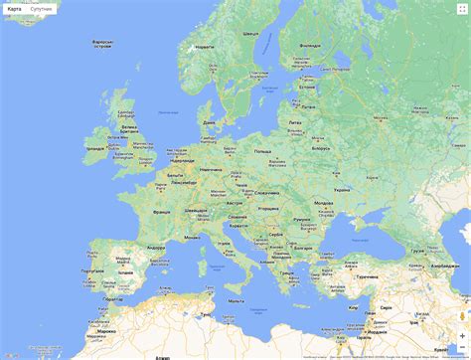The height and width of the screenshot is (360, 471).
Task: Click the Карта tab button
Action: tap(14, 9)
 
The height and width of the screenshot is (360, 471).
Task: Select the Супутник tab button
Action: tap(42, 9)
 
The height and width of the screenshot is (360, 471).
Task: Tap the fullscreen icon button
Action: tap(460, 9)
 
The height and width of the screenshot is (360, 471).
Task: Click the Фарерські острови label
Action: tap(101, 45)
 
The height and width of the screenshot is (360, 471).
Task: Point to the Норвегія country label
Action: tap(205, 47)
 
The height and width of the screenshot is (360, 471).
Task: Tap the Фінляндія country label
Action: tap(309, 46)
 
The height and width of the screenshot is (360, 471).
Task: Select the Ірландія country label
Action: tap(95, 148)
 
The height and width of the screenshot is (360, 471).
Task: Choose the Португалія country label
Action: tap(91, 270)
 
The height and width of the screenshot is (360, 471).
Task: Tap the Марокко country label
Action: tap(106, 330)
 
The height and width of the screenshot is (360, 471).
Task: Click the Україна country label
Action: tap(341, 187)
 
